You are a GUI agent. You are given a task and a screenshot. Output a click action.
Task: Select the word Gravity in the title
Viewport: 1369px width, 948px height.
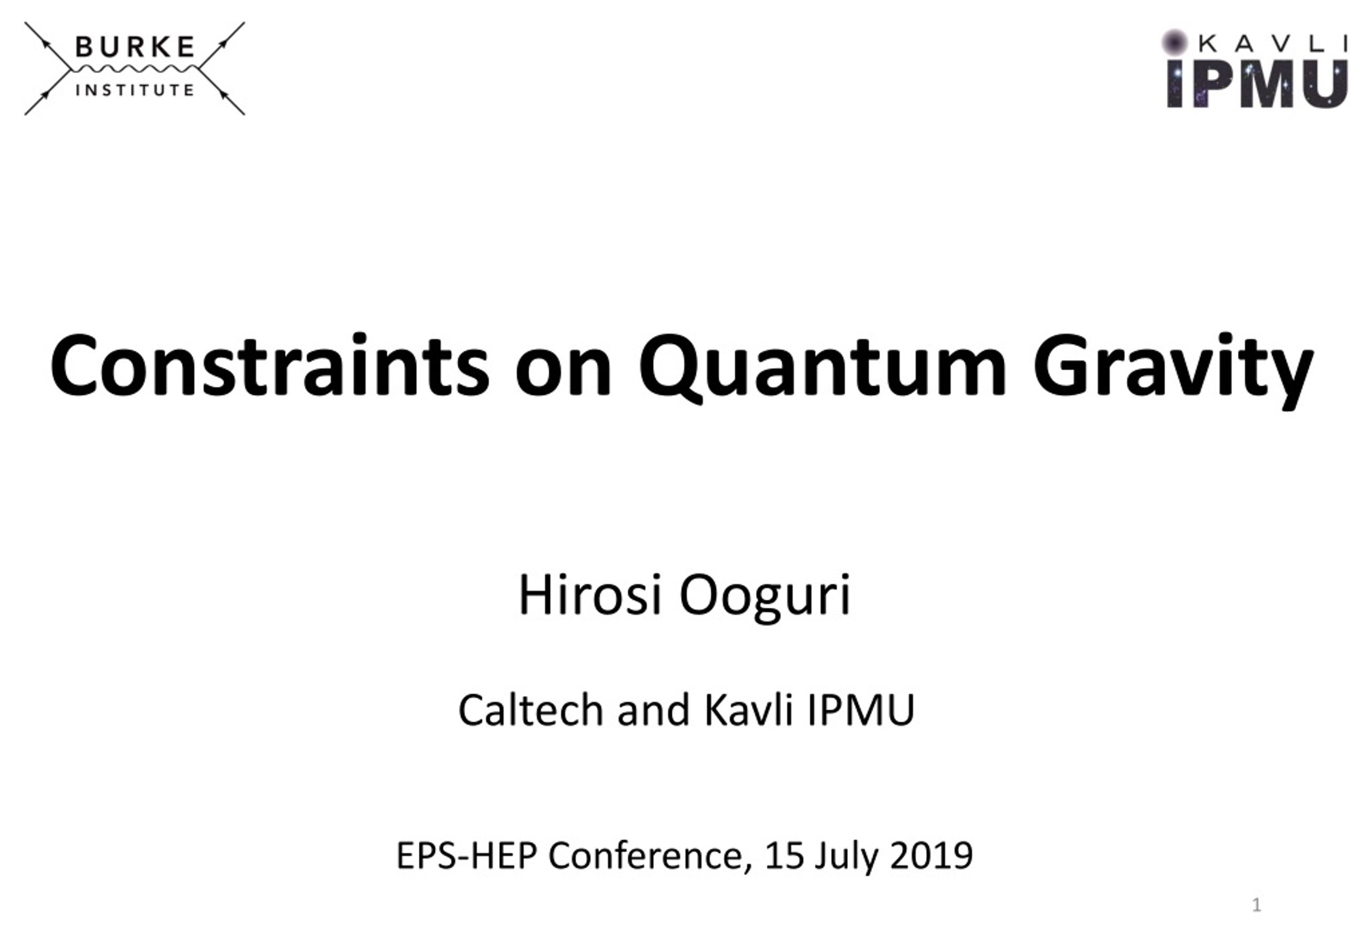(1173, 370)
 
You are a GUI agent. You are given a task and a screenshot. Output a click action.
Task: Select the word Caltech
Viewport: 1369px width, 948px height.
(530, 709)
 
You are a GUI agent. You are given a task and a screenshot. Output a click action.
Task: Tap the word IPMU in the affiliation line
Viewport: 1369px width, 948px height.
(861, 710)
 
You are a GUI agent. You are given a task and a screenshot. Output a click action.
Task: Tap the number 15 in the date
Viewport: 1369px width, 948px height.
(783, 855)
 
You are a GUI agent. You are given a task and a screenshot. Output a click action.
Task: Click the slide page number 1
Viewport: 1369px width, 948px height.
(1256, 905)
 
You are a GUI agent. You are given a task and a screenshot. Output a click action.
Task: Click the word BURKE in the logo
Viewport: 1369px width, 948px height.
(135, 47)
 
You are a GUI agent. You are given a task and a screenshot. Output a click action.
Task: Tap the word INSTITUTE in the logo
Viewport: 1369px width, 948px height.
(135, 90)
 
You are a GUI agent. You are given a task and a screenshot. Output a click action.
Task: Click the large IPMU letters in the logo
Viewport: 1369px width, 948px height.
(1257, 84)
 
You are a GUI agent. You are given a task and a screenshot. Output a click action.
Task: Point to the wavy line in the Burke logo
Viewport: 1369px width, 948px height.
(135, 70)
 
